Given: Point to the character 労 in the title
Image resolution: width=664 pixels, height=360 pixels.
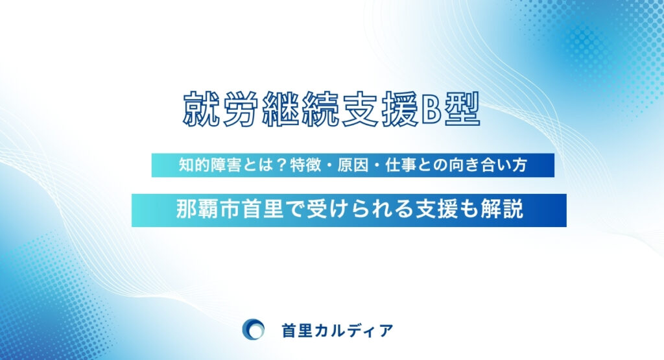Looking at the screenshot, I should coord(238,109).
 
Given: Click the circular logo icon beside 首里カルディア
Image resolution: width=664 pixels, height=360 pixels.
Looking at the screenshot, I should coord(252,330).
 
